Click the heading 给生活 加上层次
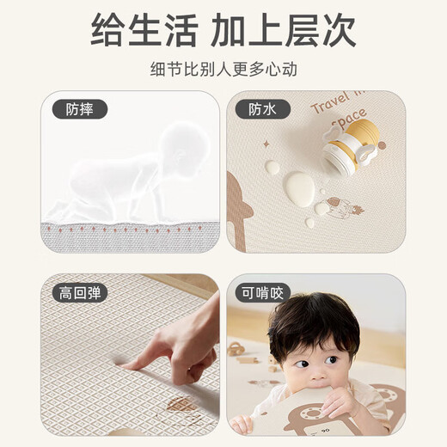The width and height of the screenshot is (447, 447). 223,30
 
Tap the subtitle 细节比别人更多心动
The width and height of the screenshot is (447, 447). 223,69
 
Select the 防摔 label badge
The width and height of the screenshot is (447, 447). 86,109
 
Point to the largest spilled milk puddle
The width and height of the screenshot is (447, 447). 299,188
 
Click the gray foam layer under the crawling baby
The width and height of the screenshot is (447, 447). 129,232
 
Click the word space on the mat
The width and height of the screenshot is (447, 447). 349,116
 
